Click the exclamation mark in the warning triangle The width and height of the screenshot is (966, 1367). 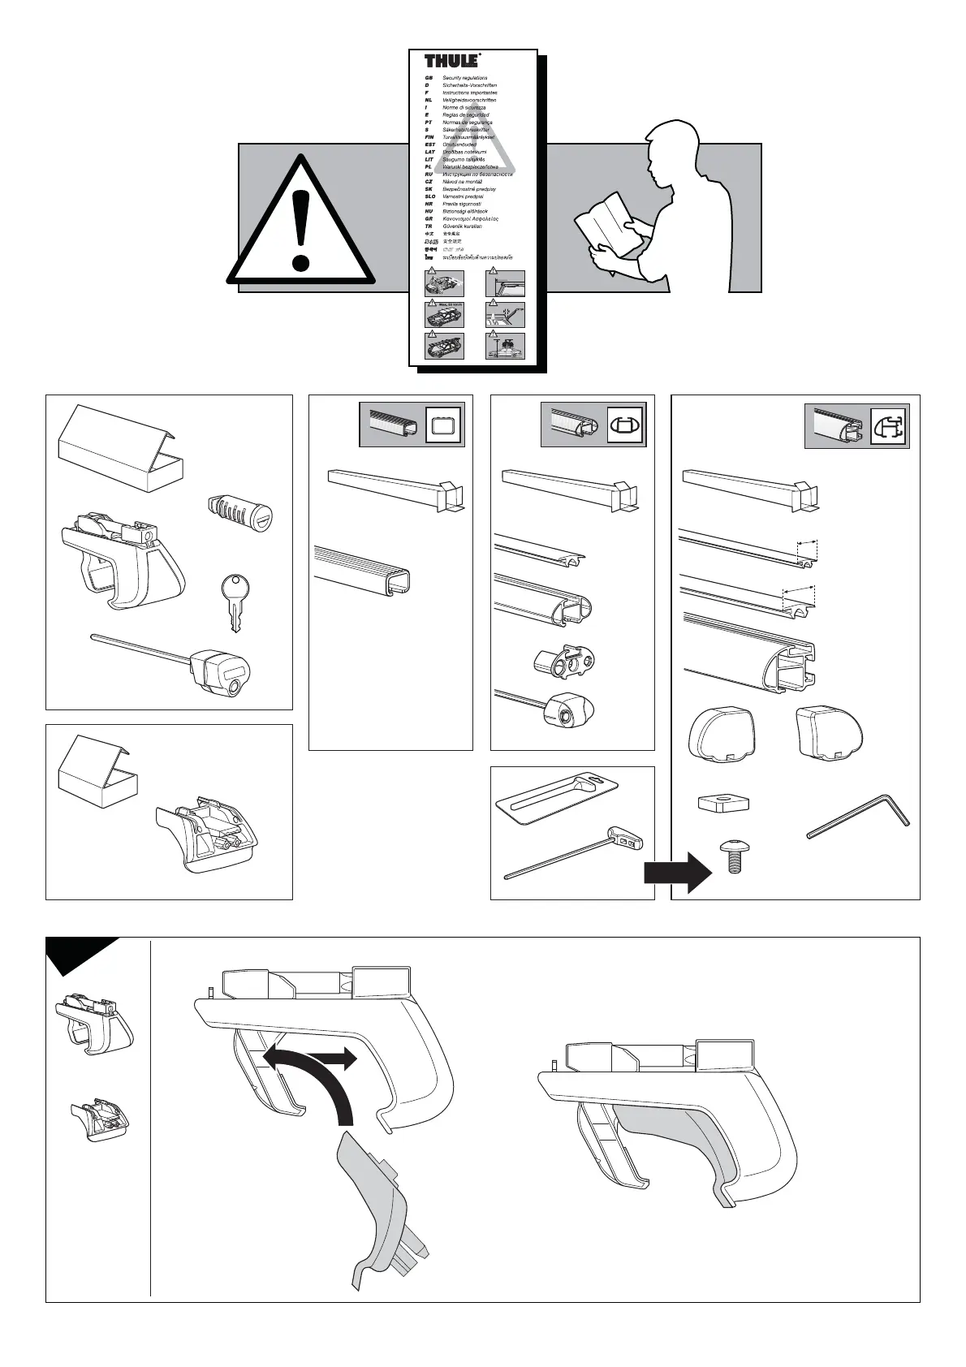(x=301, y=215)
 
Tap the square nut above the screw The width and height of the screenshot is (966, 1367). (x=721, y=802)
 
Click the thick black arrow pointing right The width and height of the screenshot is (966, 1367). (x=677, y=872)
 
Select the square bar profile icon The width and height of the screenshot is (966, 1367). (x=443, y=425)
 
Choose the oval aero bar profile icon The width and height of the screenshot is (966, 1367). (x=625, y=425)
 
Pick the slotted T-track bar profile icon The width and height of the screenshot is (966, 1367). (x=889, y=426)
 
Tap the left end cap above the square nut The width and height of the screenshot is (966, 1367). (x=721, y=735)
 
